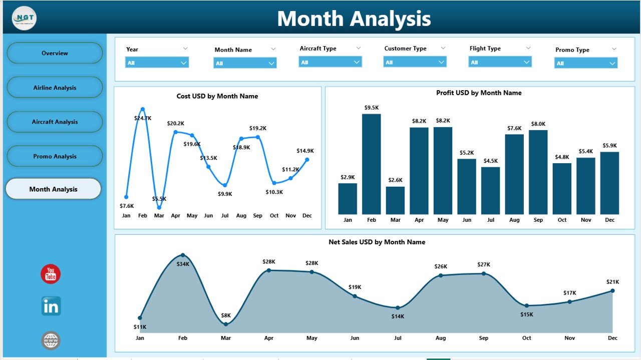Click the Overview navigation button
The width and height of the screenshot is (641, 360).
55,53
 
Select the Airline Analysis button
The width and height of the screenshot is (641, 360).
55,88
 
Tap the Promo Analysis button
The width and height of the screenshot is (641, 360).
55,156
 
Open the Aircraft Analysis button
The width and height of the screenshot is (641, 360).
55,122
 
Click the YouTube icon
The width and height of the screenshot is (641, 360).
51,274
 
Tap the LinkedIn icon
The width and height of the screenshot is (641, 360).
51,306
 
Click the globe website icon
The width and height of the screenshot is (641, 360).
51,340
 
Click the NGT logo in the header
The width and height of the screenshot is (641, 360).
24,18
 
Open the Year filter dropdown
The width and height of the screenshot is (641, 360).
157,63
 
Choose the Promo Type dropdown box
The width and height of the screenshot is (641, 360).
585,63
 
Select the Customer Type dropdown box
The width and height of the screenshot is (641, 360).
415,62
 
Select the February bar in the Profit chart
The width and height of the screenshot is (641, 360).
371,164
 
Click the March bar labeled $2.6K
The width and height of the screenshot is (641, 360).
395,200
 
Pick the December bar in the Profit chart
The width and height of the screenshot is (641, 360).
609,183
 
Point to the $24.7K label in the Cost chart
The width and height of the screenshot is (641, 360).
142,118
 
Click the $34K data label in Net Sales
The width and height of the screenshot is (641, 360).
183,264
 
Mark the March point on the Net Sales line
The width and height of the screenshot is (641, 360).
226,324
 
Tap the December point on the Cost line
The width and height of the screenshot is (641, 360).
307,160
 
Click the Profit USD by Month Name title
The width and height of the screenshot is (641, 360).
479,93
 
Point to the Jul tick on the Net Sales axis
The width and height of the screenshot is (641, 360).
398,338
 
